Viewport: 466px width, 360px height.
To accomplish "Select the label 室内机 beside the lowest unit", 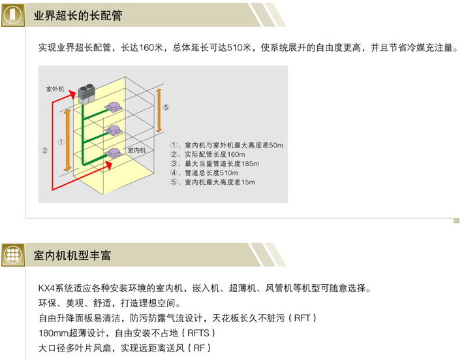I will pos(136,150).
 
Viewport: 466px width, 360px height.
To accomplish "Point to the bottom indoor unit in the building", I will pos(115,153).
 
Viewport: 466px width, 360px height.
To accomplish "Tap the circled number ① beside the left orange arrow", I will pos(60,141).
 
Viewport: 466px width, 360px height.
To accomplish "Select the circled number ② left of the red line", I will pos(44,150).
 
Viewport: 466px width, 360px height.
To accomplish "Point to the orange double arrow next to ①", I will pos(67,140).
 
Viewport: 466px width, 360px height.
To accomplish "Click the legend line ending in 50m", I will pos(226,145).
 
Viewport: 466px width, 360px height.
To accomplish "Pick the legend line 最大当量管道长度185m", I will pos(215,163).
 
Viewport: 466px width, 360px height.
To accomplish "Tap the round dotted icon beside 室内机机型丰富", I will pos(14,255).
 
